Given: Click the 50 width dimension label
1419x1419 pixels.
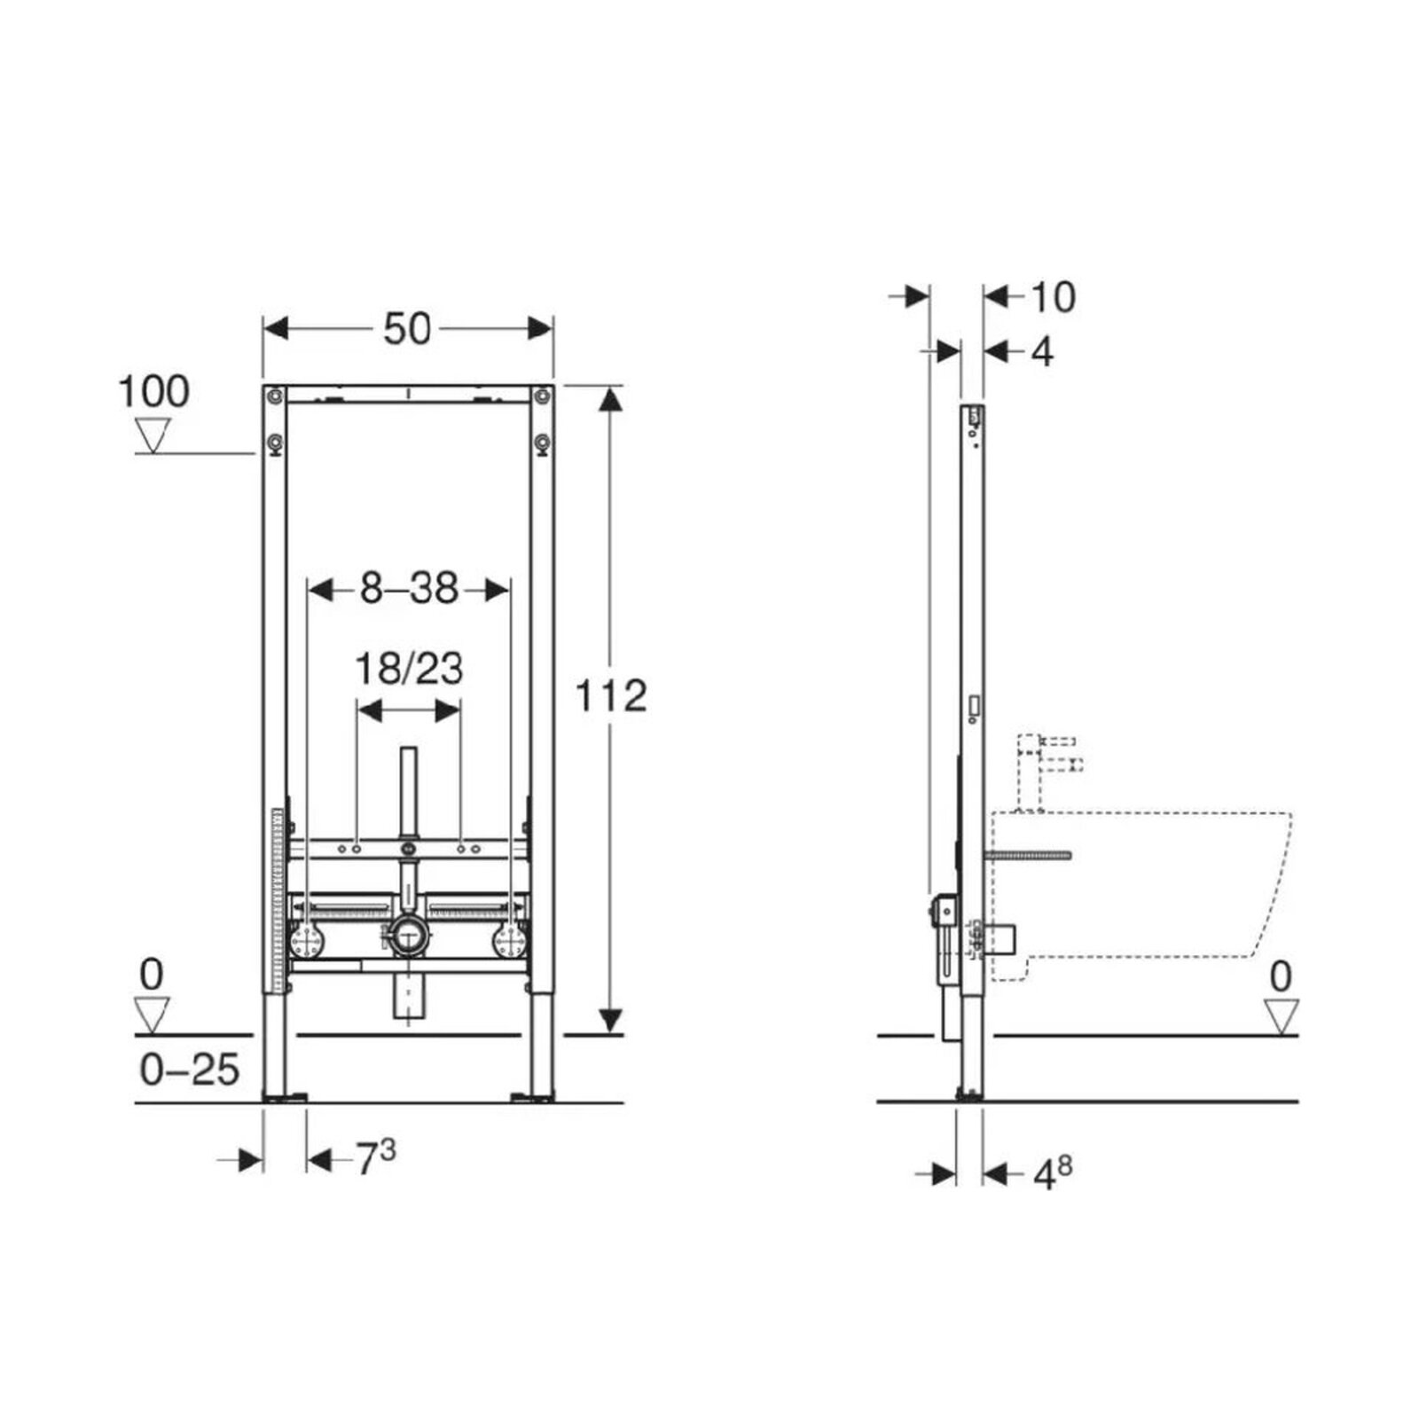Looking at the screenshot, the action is pos(407,329).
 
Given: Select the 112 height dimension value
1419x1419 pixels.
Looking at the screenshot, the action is pos(611,696).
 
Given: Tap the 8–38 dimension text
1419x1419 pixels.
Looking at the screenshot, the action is pos(409,588).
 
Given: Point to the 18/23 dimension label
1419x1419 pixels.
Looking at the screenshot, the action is pos(409,669).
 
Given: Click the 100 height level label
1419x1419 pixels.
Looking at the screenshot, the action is pos(153,391).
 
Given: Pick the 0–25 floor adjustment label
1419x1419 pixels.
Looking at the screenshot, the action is pos(190,1070).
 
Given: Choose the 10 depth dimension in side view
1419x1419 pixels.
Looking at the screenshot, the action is pos(1053,297).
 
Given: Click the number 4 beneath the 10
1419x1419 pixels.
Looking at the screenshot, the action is pos(1042,352).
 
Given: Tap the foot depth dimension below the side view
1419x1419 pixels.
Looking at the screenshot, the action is pos(1053,1174).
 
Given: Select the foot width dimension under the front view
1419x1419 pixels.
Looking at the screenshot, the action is pos(376,1157).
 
